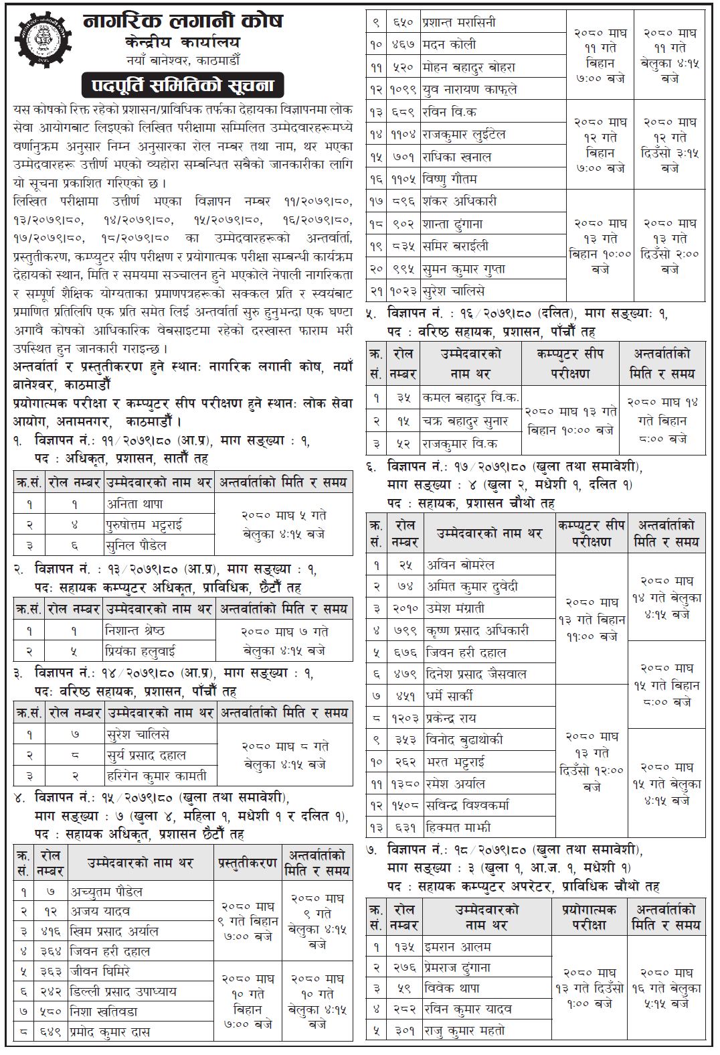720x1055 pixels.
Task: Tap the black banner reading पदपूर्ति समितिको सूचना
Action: (x=182, y=86)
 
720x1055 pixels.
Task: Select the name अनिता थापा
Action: (x=134, y=504)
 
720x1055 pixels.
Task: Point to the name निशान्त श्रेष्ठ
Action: (x=135, y=630)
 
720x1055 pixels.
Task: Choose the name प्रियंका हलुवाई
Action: (x=140, y=650)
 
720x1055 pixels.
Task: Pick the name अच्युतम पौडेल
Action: (x=108, y=892)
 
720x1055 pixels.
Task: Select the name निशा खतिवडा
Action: (x=104, y=1011)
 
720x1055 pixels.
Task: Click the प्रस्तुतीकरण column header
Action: (x=247, y=863)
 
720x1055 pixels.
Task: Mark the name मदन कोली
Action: (x=449, y=44)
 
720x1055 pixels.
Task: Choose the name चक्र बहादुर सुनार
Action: (x=465, y=421)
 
